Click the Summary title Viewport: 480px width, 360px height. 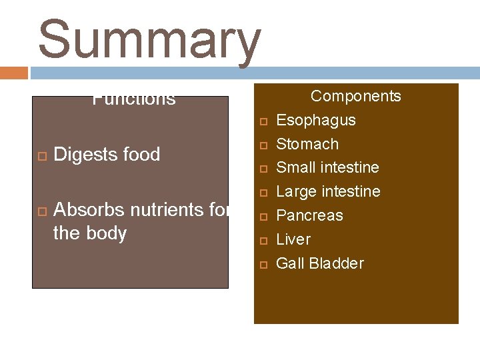point(149,40)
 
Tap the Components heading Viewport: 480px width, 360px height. point(356,96)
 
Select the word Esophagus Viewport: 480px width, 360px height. point(315,120)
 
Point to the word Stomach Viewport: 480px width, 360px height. point(307,144)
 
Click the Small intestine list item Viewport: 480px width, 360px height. point(327,167)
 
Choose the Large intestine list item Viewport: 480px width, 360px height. point(328,191)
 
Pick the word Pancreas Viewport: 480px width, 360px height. point(309,215)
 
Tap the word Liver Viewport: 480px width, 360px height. point(293,239)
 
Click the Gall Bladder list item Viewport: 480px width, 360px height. point(319,263)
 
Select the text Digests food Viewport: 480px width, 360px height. point(107,155)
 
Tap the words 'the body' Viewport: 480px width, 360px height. point(89,234)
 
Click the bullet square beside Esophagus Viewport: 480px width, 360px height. point(263,121)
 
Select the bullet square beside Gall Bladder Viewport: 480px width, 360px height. point(263,265)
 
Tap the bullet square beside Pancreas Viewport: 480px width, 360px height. point(263,217)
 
